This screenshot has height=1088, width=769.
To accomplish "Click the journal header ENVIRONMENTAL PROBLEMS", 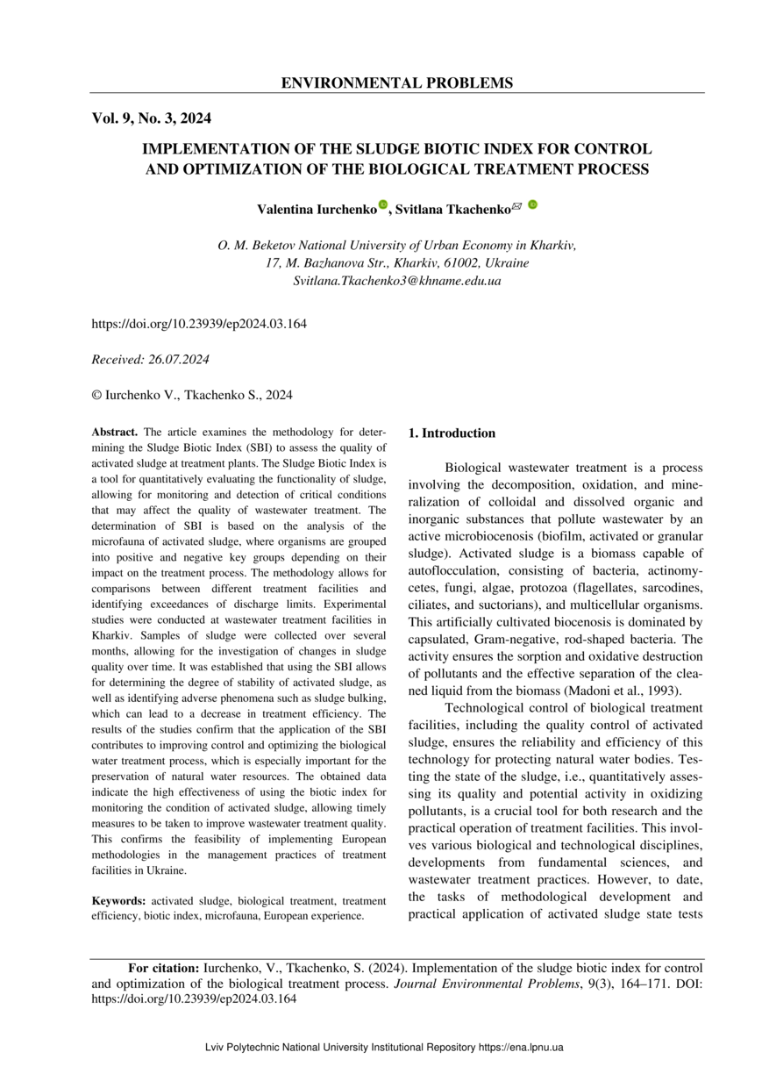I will tap(396, 83).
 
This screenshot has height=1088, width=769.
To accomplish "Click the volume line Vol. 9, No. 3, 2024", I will tap(151, 118).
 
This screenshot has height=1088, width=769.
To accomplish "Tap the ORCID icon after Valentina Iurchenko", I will tap(382, 205).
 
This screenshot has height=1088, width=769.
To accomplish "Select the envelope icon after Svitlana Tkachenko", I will tap(516, 206).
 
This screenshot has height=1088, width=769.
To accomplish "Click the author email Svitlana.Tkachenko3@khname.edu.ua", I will tap(396, 281).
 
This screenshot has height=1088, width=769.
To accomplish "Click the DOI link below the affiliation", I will tap(199, 324).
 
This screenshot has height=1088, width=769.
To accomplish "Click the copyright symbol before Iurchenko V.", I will tap(96, 396).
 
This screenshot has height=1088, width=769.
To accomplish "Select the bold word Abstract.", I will tap(114, 433).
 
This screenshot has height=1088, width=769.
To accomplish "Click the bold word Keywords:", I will tap(118, 901).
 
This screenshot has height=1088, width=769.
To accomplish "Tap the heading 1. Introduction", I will tap(452, 433).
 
